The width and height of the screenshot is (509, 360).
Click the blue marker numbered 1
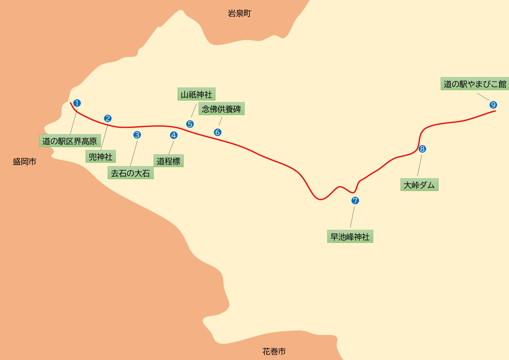[x=77, y=103]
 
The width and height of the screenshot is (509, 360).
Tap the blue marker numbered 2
[x=108, y=118]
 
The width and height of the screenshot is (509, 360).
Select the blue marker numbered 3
[x=137, y=135]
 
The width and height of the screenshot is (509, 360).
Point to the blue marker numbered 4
[x=174, y=135]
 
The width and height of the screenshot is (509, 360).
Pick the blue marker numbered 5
[x=190, y=124]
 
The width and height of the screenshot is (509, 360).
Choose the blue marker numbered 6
[x=218, y=132]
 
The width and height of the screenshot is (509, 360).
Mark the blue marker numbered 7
[x=355, y=200]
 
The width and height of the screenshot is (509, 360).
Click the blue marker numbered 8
[x=422, y=149]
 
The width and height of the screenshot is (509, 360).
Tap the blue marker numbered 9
[x=493, y=105]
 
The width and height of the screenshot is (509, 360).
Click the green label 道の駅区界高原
[x=70, y=141]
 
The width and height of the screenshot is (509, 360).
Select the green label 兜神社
[x=101, y=156]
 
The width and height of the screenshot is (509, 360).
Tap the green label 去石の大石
[x=131, y=173]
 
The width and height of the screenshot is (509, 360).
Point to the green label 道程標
[x=169, y=161]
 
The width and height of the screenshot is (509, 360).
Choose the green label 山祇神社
[x=196, y=94]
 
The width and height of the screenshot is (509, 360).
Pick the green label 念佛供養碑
[x=221, y=109]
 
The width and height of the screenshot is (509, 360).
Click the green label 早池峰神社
[x=350, y=237]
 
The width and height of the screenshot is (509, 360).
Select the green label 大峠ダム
[x=419, y=185]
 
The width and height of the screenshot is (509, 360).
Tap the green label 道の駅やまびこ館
[x=475, y=84]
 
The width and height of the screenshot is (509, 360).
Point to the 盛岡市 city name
[x=25, y=161]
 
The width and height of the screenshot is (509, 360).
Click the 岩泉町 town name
[x=240, y=13]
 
